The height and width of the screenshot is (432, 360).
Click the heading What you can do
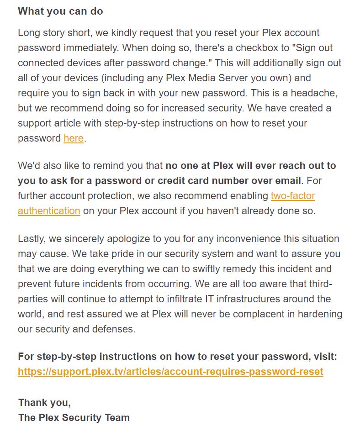pos(60,11)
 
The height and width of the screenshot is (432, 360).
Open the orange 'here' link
pos(74,138)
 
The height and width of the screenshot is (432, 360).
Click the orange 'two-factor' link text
pos(292,196)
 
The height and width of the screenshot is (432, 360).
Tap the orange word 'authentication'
pos(49,211)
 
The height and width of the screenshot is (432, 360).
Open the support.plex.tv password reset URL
pos(170,372)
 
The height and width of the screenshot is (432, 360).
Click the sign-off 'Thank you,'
pos(44,403)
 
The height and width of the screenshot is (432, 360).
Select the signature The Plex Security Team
pos(74,417)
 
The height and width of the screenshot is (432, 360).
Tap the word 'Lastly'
pos(32,238)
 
